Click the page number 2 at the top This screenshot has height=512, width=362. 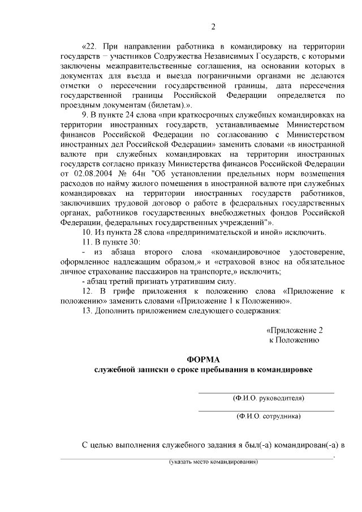[x=213, y=27]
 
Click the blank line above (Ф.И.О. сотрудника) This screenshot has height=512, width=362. [x=266, y=411]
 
